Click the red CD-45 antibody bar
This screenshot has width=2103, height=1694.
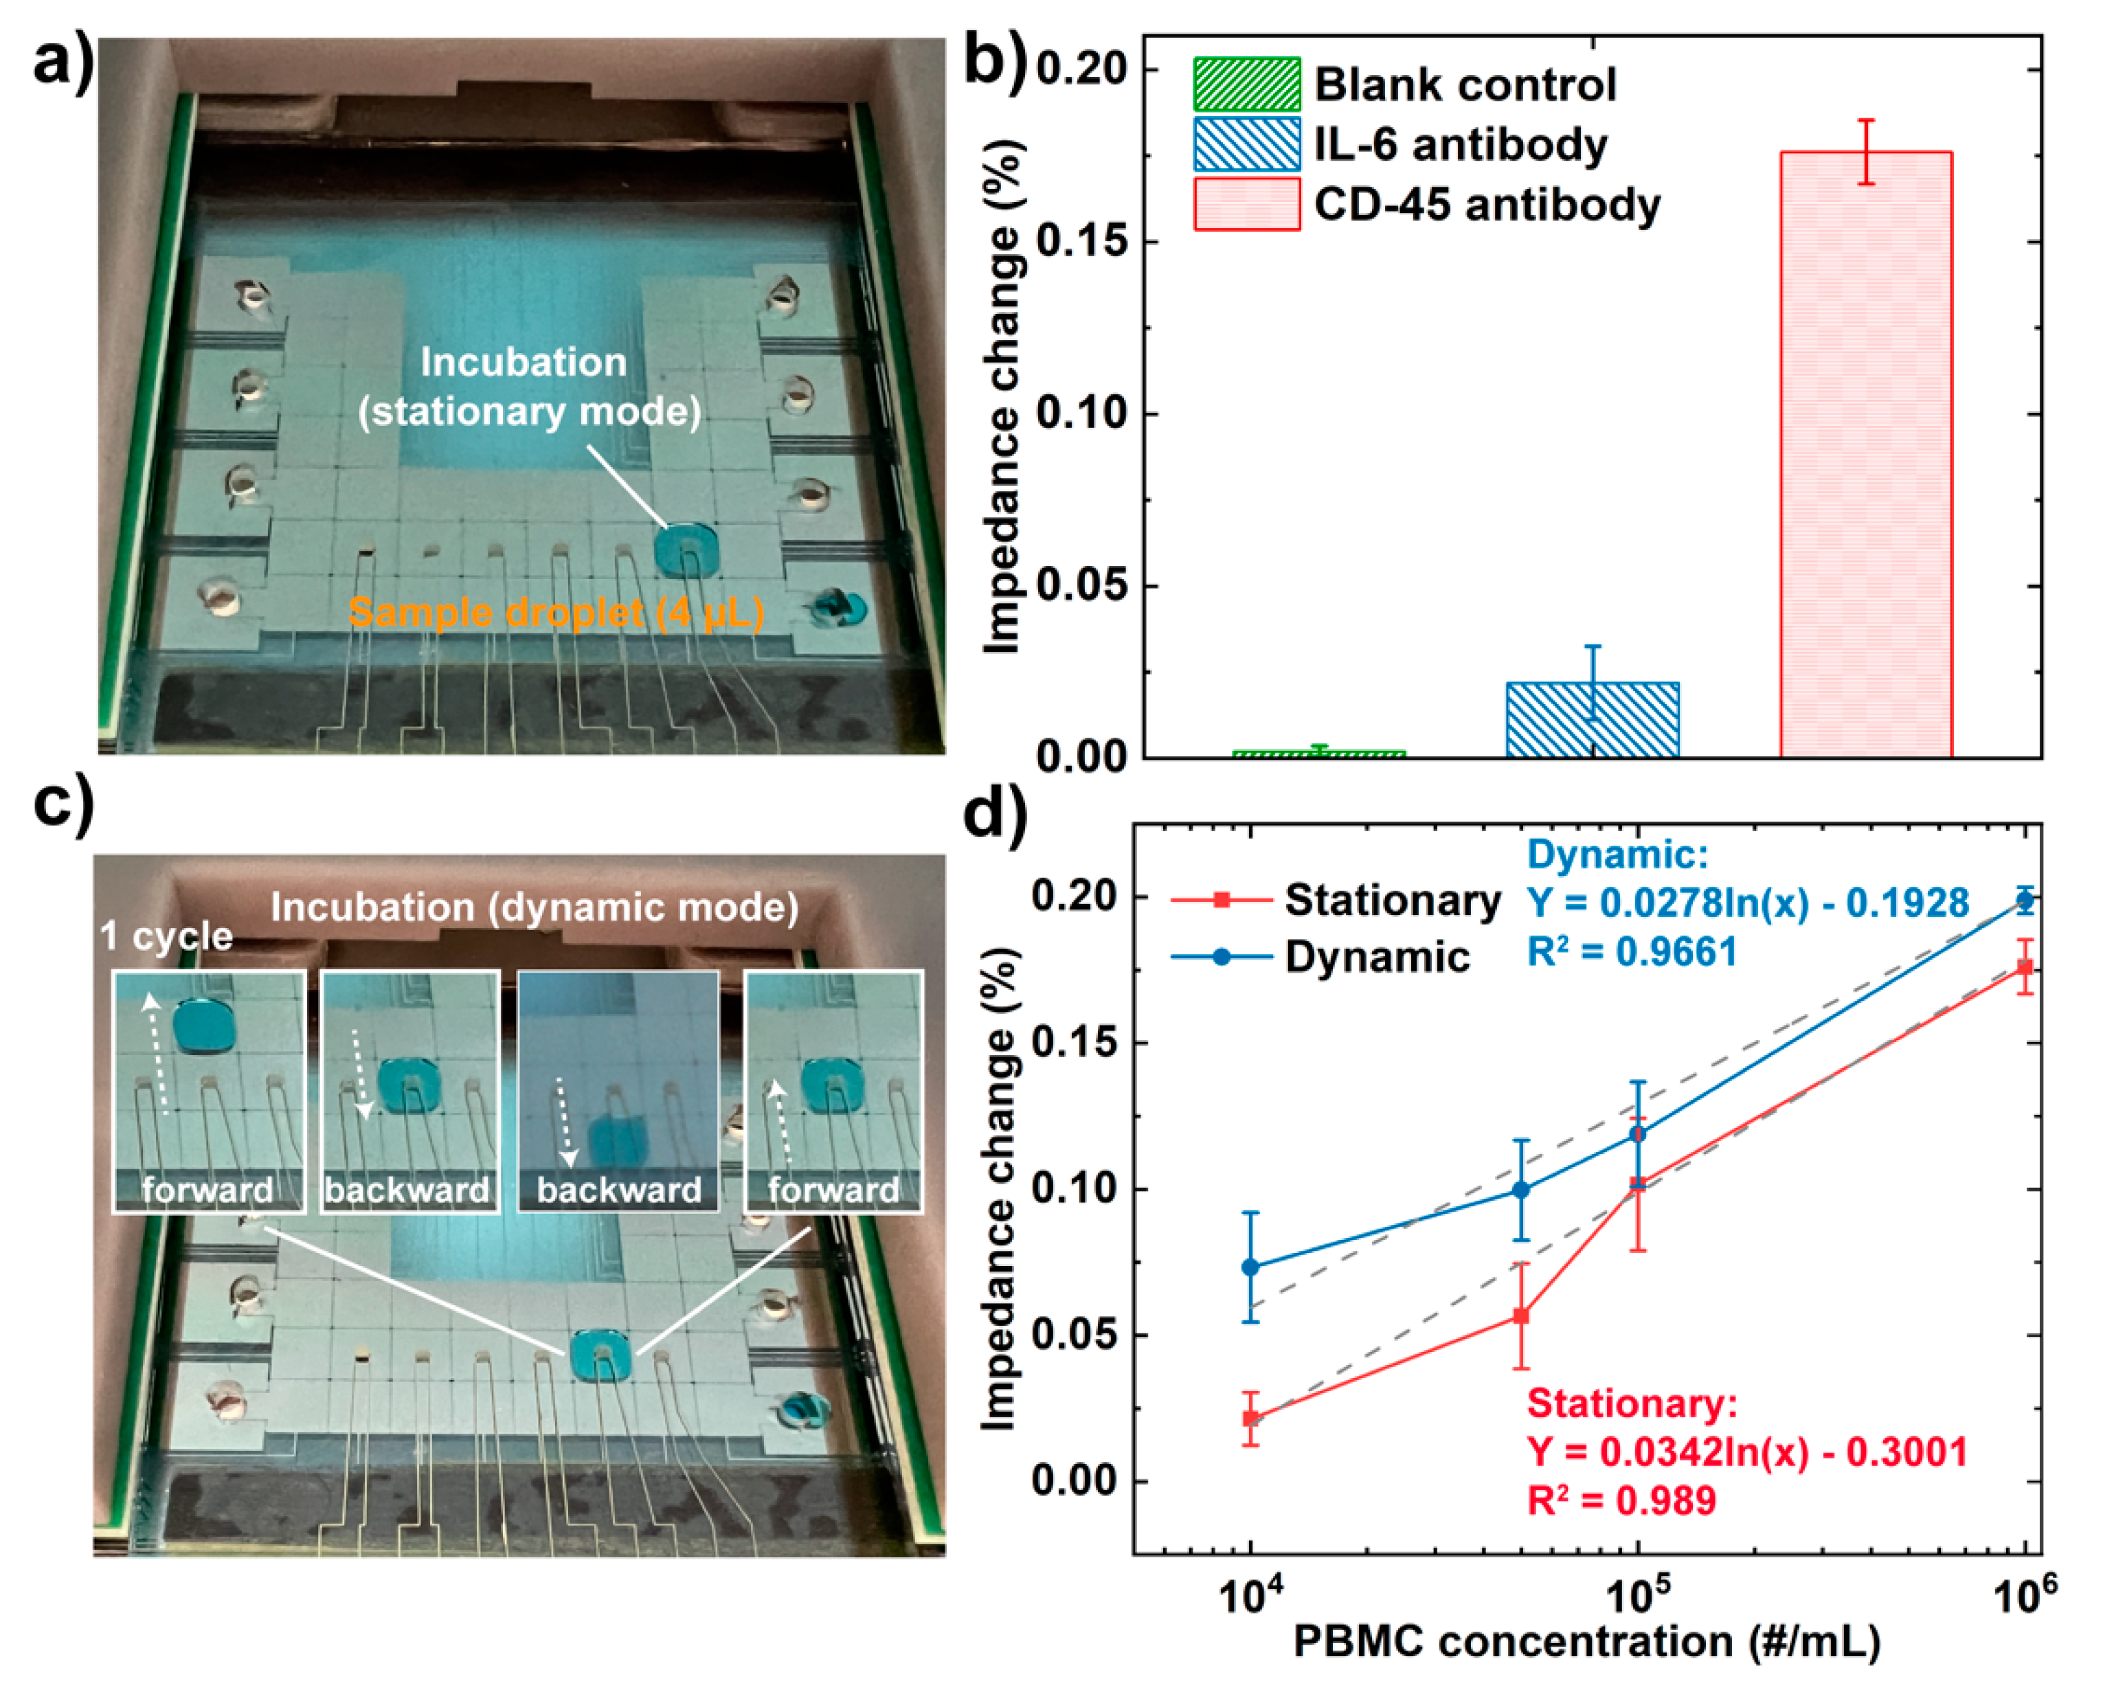pos(1866,454)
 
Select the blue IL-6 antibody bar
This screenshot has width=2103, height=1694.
pos(1593,720)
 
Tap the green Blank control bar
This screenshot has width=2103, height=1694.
pos(1318,754)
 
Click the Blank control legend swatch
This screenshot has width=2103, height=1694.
pos(1246,84)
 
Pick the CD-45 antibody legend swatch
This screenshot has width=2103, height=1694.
pos(1246,204)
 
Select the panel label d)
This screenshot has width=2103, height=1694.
pos(996,812)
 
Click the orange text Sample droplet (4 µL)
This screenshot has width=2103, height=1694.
pos(556,613)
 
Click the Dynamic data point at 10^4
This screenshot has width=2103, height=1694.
pos(1250,1267)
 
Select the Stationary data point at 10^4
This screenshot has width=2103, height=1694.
pos(1250,1418)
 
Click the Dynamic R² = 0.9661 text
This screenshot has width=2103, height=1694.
pos(1632,951)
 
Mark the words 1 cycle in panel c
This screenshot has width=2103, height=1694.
pos(166,937)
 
